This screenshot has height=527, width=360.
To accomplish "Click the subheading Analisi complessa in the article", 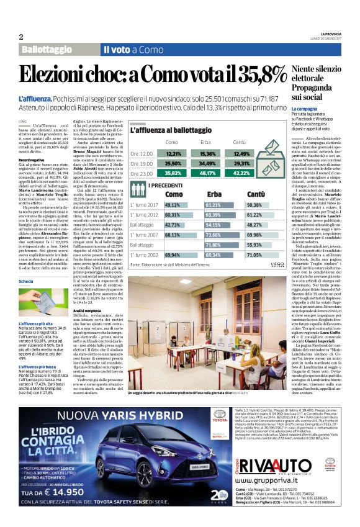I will tap(87, 309).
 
